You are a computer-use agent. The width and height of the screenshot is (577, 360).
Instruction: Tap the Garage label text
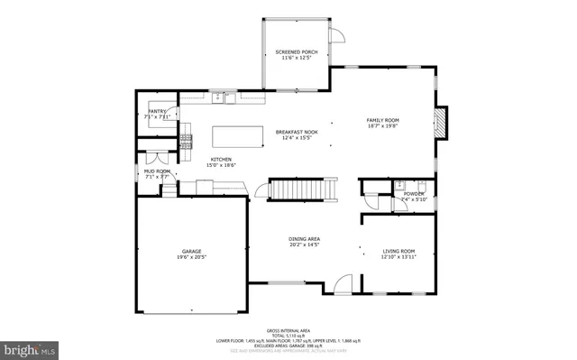[190, 251]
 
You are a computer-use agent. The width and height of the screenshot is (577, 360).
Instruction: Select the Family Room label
[381, 120]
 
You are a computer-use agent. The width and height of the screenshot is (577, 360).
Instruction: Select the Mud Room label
[157, 171]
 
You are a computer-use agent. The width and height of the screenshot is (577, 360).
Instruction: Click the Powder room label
[414, 193]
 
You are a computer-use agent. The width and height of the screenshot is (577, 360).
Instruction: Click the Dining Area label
[305, 238]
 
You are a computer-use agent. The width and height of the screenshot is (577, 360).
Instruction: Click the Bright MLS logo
[30, 347]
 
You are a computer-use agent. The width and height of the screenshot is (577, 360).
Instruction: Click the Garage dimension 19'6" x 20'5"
[190, 257]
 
